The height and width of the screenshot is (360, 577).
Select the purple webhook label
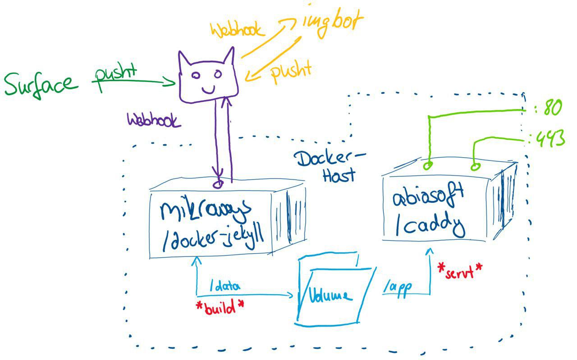tap(154, 121)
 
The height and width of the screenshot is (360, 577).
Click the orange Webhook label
tap(236, 30)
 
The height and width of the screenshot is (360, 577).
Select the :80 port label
tap(546, 109)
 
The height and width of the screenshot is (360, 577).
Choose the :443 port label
tap(547, 139)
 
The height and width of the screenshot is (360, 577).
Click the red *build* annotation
tap(220, 308)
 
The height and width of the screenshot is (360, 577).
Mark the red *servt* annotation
tap(460, 270)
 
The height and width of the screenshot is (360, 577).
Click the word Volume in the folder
tap(330, 296)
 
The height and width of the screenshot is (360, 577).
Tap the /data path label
tap(225, 285)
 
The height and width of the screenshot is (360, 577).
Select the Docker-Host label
tap(330, 166)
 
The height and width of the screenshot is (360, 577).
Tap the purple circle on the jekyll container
tap(219, 184)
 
